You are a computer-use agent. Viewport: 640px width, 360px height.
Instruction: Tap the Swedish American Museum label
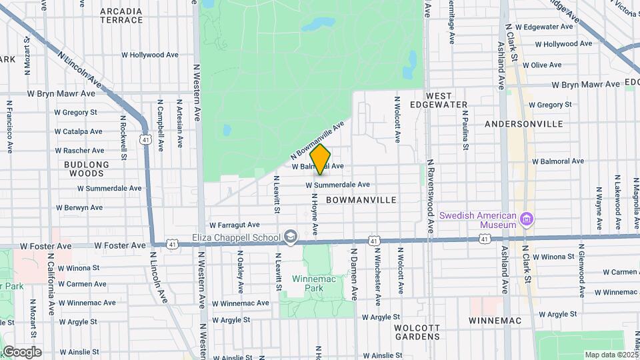point(479,220)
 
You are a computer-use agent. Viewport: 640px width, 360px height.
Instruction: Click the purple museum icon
point(527,219)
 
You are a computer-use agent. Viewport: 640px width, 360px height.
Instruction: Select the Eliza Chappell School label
point(236,237)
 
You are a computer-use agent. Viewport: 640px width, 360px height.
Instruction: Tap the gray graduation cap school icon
point(291,237)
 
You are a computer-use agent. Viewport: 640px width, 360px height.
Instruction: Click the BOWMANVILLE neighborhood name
point(361,200)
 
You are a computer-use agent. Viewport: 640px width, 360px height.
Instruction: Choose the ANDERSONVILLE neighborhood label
point(524,124)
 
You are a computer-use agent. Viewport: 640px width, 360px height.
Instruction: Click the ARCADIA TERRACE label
point(121,16)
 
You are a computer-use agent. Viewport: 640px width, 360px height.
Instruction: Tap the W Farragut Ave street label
point(234,225)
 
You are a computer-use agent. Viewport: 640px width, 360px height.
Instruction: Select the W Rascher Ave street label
point(79,151)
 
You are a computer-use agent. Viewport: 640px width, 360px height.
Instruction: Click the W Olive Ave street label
point(542,65)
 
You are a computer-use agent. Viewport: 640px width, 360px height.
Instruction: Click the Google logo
point(21,351)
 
